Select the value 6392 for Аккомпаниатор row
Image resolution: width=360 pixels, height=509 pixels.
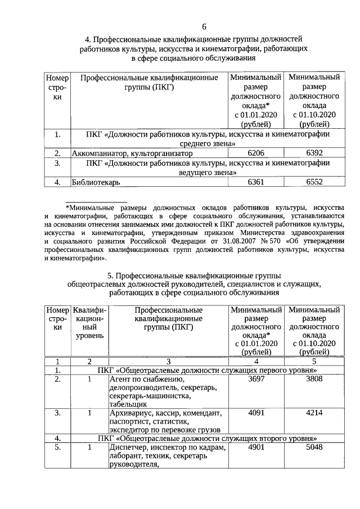(x=313, y=153)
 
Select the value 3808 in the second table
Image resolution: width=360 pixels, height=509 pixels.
(x=313, y=381)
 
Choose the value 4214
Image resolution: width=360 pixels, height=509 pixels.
(x=313, y=413)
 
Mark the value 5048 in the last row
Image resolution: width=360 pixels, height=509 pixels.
(x=313, y=448)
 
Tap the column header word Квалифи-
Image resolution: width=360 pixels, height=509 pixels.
(x=88, y=310)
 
